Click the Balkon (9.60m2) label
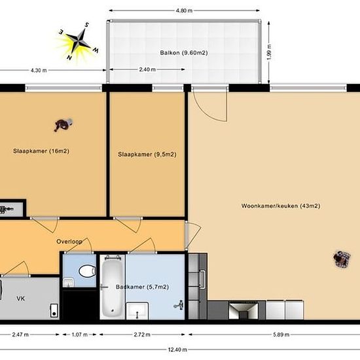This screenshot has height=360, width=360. pos(184,53)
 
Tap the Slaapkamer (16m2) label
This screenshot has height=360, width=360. pos(41,151)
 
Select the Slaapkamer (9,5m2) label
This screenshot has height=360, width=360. pos(147,154)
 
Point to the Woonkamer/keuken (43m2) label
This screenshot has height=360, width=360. pos(281,206)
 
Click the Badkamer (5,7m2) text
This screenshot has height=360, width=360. pos(142,287)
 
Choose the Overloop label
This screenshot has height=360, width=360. pos(69,242)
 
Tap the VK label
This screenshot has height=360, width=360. pos(20,298)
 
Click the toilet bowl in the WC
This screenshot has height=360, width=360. pos(87,271)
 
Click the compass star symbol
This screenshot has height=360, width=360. pos(79,41)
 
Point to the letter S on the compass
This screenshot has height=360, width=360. pos(87,25)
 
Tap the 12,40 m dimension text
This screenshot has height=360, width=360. pos(177,350)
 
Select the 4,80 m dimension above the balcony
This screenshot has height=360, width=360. pos(184,10)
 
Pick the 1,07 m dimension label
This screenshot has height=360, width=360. pos(79,334)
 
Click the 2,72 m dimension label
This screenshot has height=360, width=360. pos(142,334)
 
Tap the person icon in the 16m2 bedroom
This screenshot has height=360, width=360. pos(63,124)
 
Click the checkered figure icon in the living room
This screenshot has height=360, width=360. pos(342,259)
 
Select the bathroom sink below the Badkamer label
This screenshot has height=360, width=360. pos(137,311)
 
